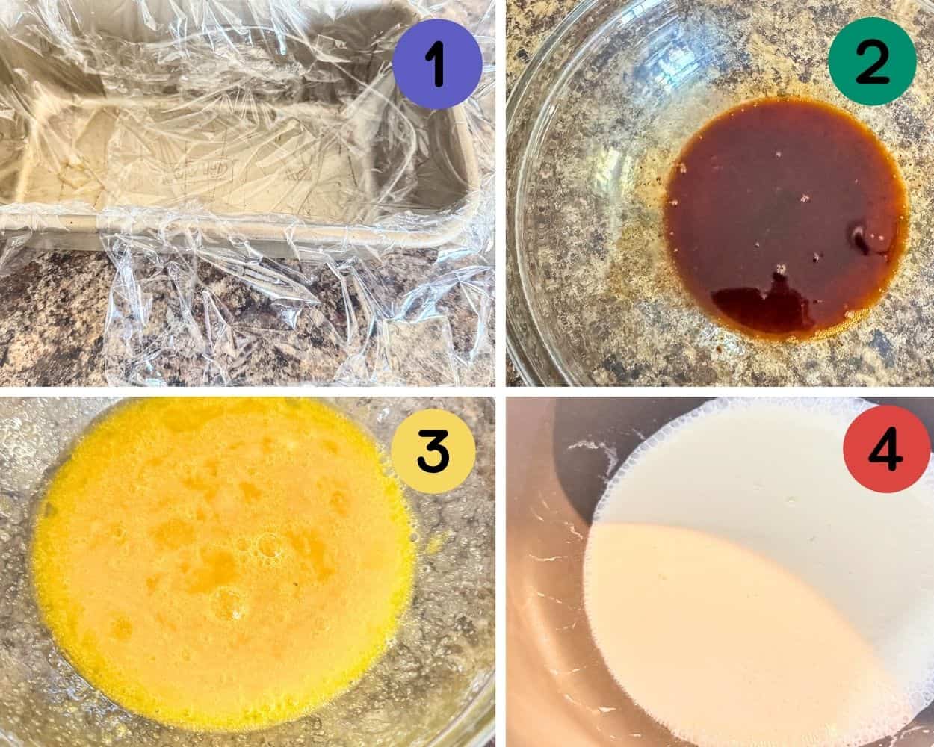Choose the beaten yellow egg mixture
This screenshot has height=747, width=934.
(224, 553)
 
